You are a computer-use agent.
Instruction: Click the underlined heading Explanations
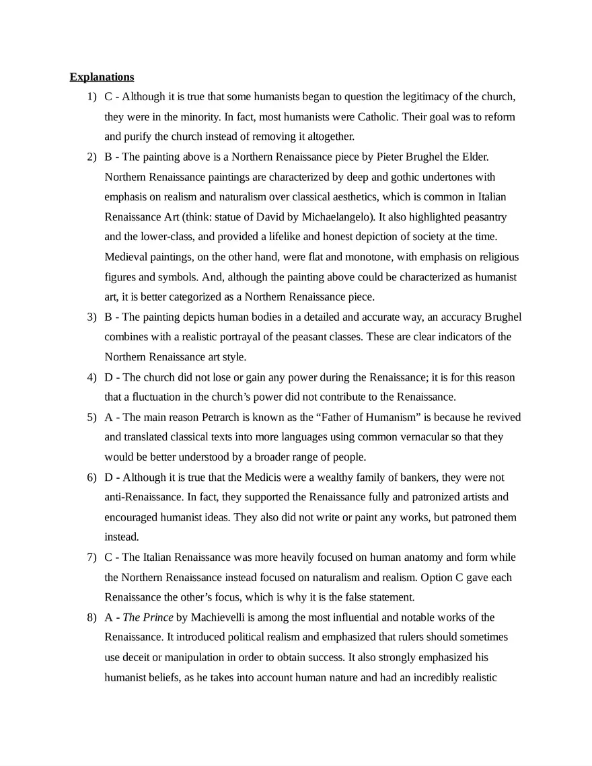tap(102, 77)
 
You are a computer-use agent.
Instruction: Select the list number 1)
tap(91, 97)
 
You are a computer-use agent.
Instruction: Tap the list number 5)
tap(91, 417)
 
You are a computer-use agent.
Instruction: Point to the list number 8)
tap(91, 617)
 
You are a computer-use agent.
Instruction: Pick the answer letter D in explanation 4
tap(109, 377)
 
